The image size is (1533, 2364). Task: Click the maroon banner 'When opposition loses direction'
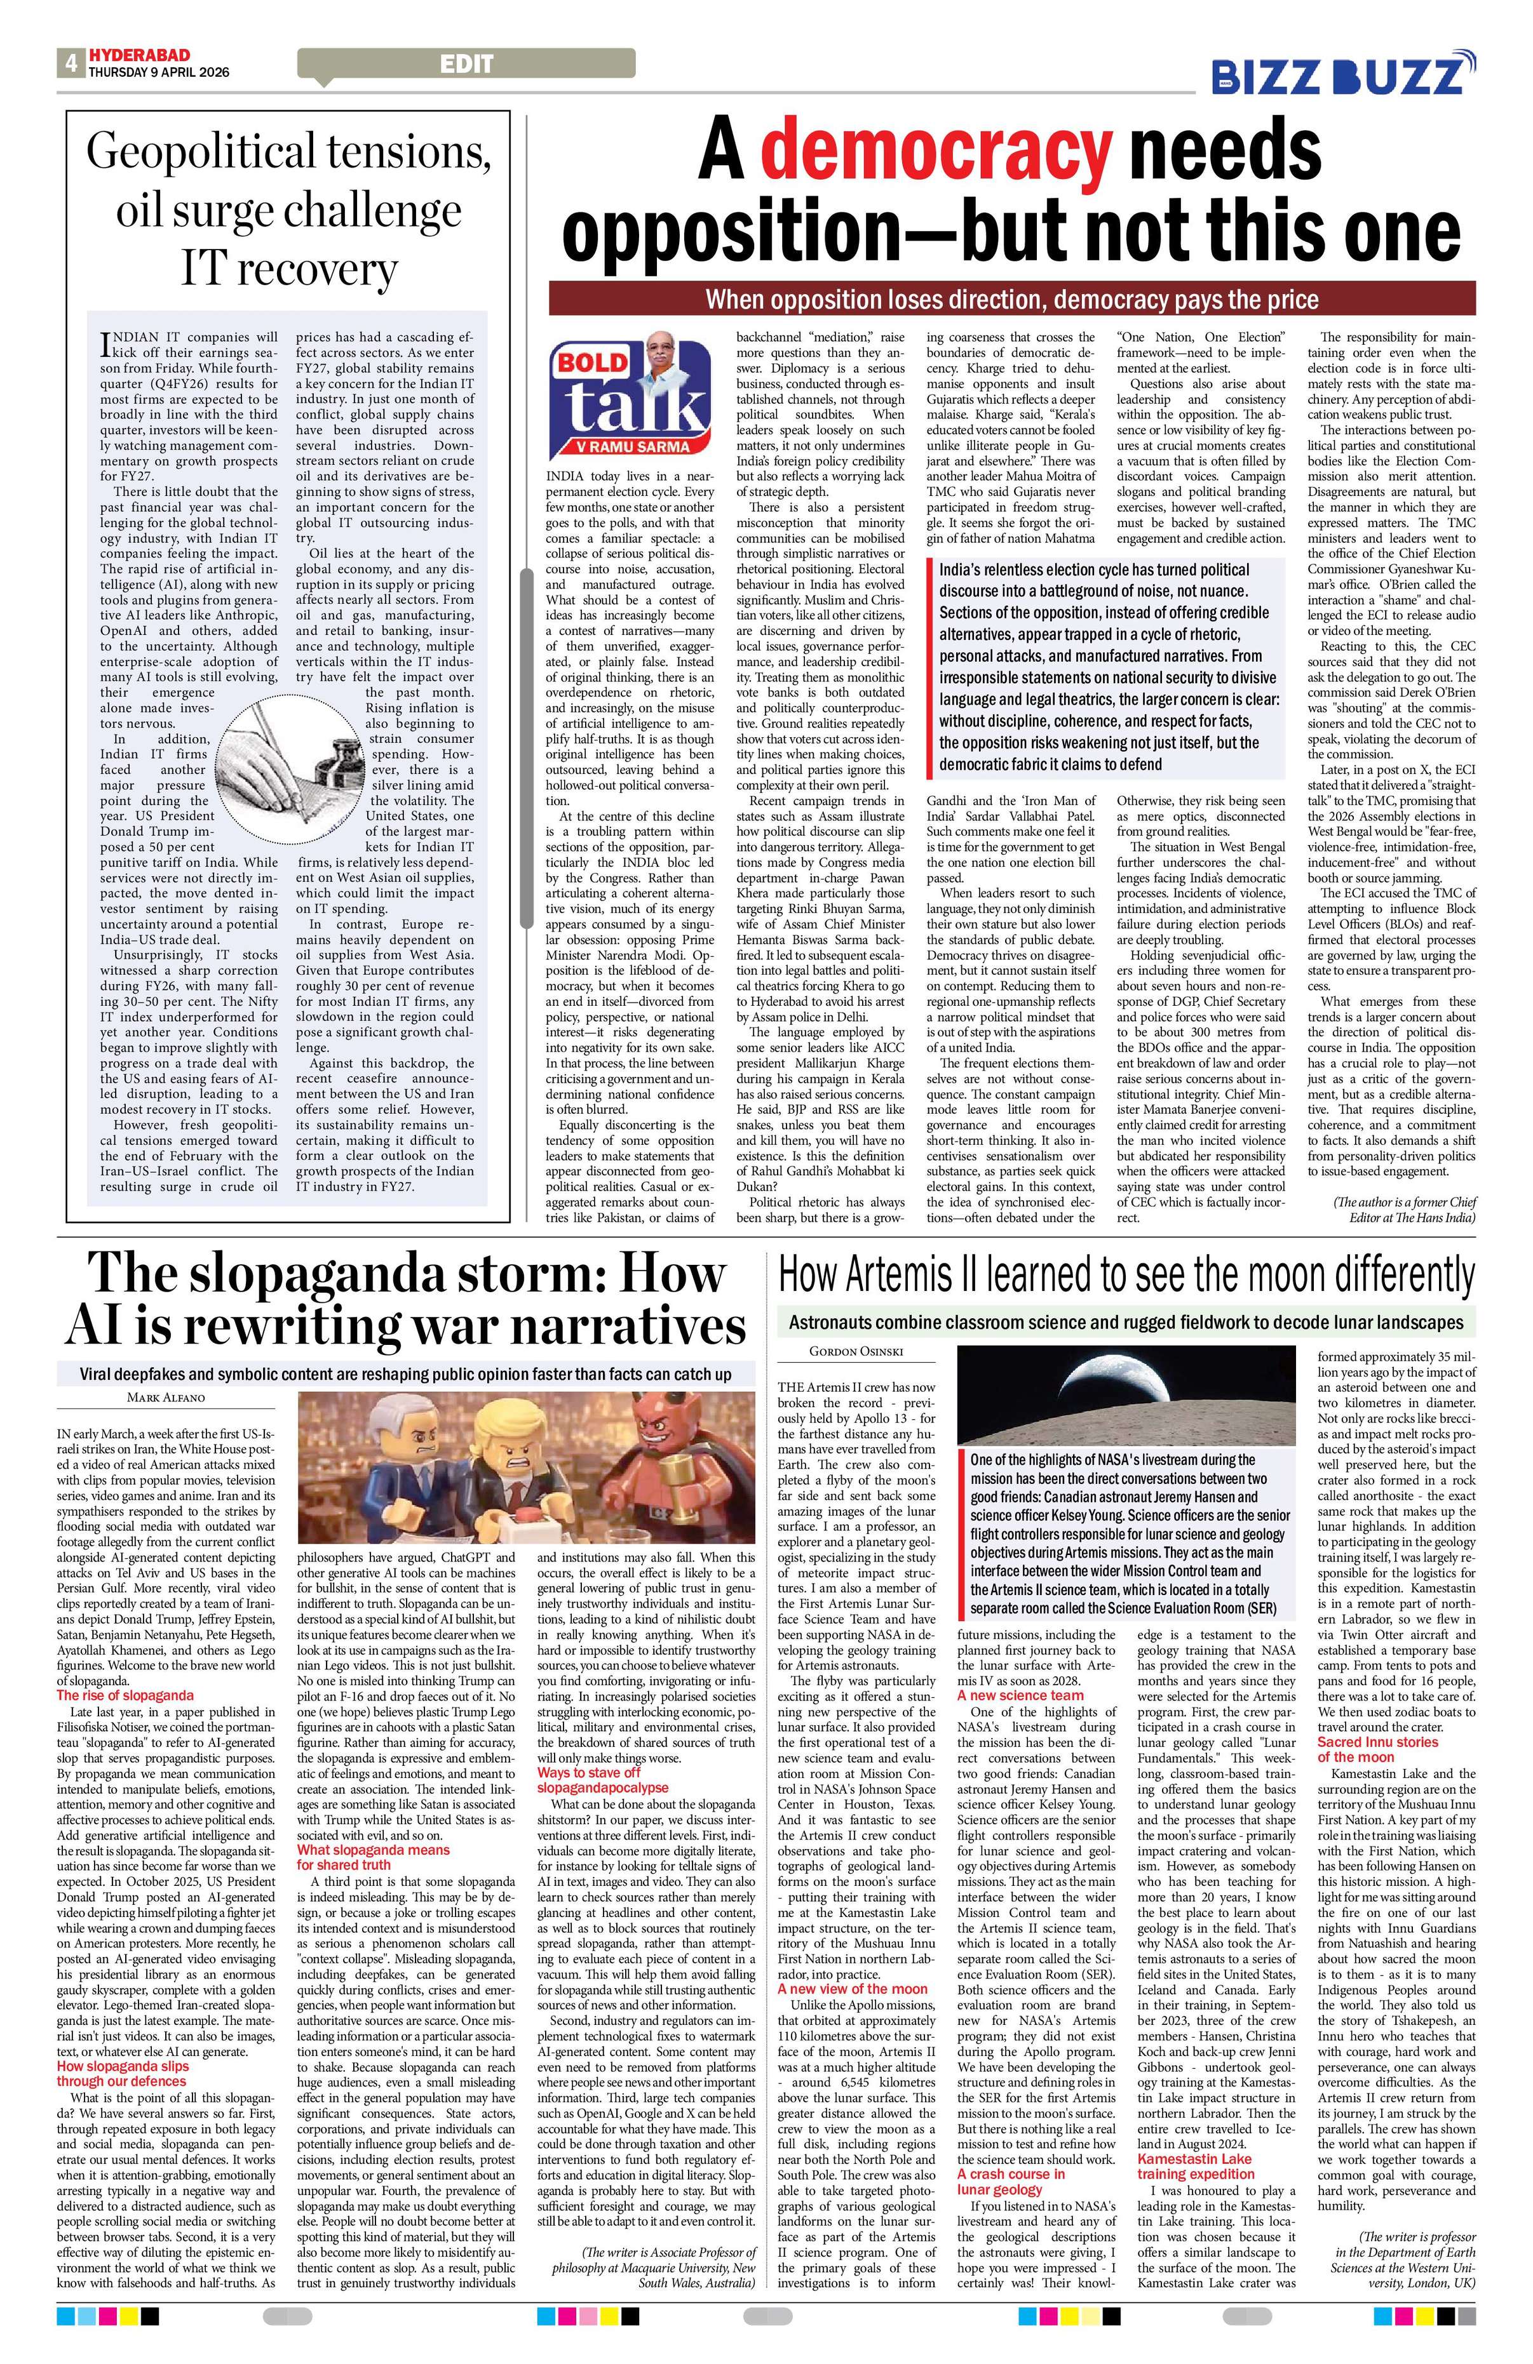pyautogui.click(x=1011, y=299)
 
